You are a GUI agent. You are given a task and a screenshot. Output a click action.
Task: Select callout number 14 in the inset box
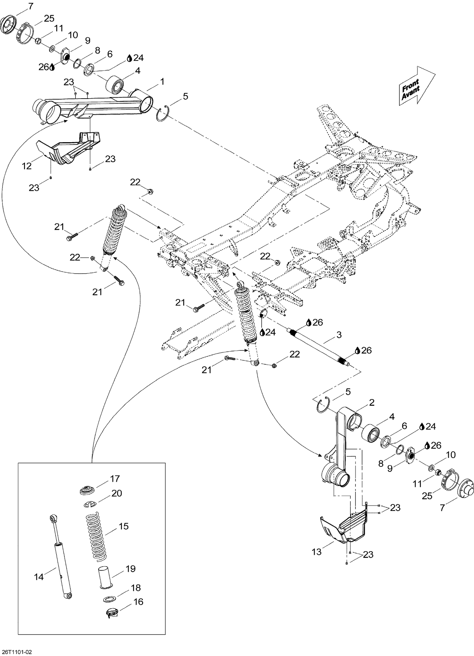point(39,577)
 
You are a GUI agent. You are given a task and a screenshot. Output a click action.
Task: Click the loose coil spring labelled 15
point(96,538)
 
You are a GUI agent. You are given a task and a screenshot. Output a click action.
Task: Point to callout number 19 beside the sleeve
point(131,568)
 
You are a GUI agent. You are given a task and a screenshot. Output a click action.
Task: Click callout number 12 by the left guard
point(27,166)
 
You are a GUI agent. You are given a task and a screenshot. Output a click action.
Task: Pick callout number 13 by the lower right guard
point(316,552)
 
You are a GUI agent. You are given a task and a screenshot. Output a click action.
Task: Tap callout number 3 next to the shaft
point(339,335)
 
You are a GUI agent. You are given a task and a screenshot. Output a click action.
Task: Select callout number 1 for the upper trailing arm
point(162,82)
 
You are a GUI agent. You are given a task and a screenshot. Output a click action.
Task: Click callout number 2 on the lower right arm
point(372,402)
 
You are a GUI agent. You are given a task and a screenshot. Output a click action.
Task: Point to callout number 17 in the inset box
point(115,478)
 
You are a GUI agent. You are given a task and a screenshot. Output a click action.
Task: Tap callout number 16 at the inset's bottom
point(138,602)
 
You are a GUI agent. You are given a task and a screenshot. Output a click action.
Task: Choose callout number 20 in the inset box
point(117,493)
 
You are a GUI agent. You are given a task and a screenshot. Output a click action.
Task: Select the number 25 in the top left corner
point(49,18)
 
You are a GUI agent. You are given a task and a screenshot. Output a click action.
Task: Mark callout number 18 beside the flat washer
point(136,588)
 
